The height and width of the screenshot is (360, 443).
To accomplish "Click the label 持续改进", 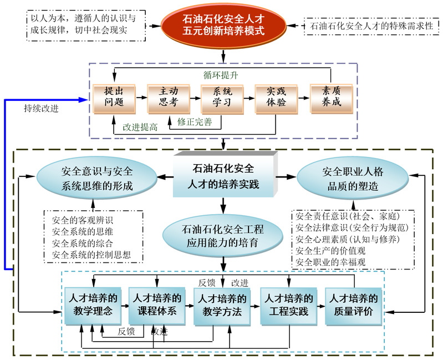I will click(x=42, y=108).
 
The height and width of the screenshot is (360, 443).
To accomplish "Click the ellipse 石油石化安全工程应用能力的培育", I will click(x=222, y=235).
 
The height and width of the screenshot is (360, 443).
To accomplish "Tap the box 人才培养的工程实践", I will click(x=288, y=305).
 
